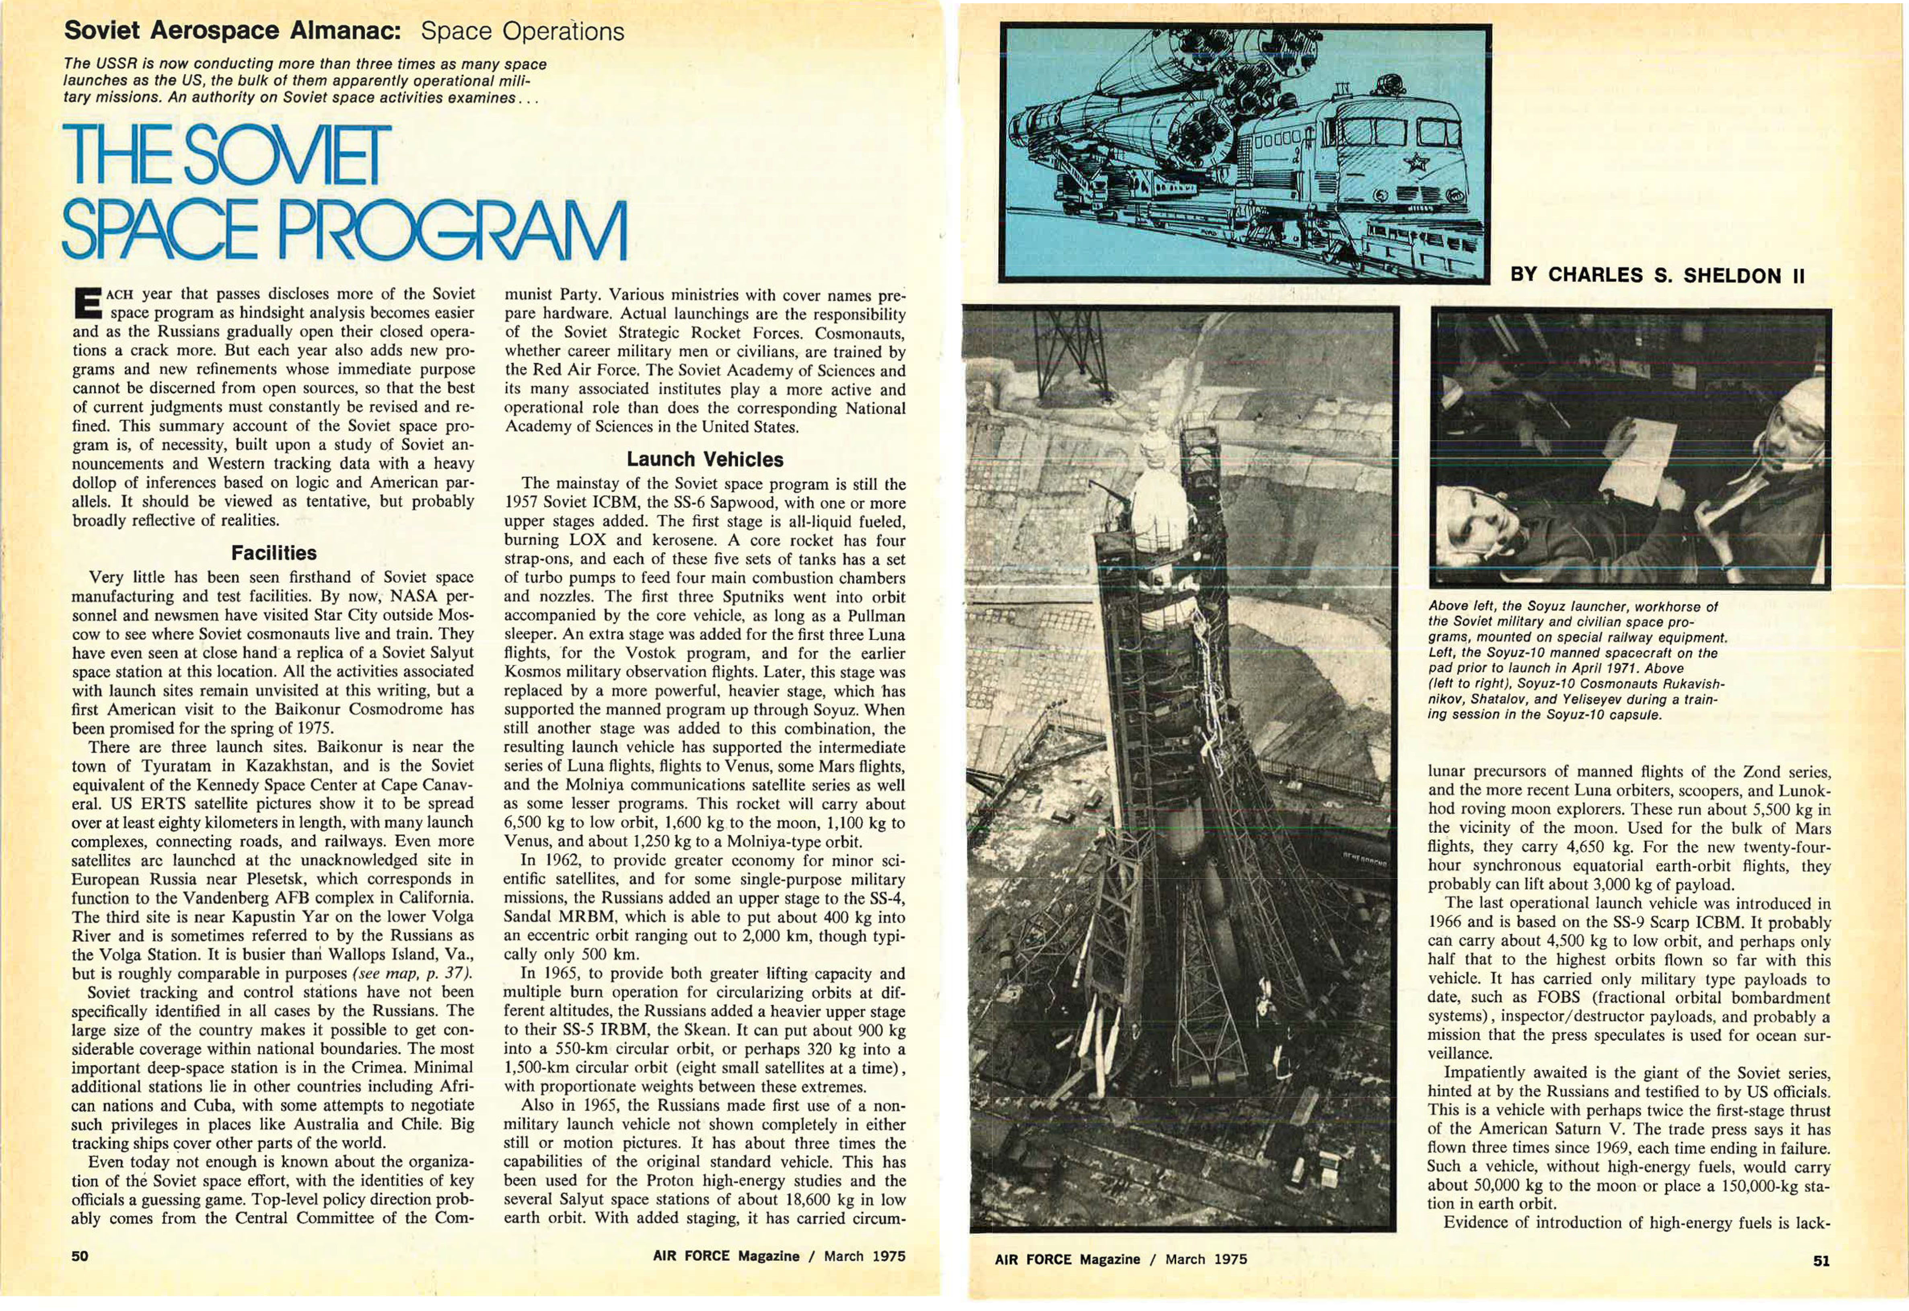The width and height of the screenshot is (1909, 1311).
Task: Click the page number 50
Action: [80, 1256]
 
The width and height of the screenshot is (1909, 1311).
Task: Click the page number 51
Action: [1820, 1259]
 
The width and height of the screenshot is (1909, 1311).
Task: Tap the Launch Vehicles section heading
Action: [705, 459]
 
